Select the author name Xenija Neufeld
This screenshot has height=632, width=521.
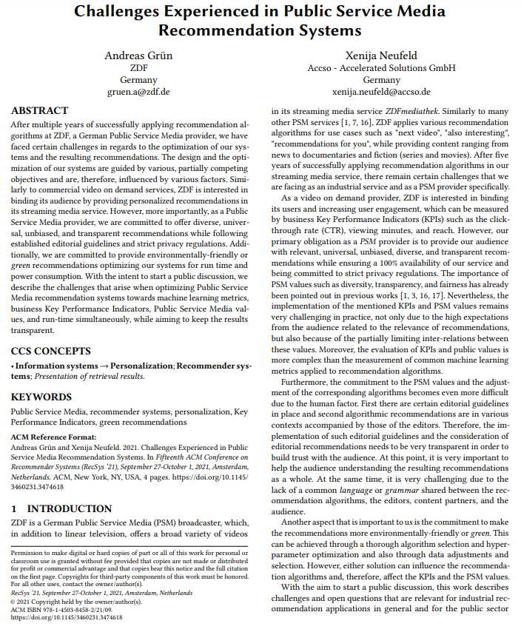point(381,56)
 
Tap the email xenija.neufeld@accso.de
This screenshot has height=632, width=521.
point(381,92)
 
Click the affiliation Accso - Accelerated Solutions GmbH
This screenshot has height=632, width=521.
point(381,68)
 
